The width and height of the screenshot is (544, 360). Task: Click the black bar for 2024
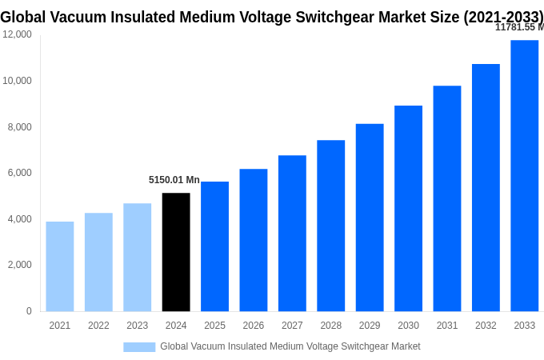[x=176, y=252]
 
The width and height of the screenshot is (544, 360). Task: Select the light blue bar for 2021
[x=60, y=266]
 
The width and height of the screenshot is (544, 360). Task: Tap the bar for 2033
[x=525, y=176]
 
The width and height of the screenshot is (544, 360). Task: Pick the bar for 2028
[x=331, y=226]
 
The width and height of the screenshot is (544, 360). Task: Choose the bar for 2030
[x=408, y=208]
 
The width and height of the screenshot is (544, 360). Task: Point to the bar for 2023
[x=138, y=257]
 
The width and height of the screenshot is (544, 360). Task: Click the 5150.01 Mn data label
[x=174, y=180]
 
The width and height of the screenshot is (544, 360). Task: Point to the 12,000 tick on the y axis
[x=17, y=34]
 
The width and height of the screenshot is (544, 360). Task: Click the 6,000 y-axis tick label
[x=19, y=173]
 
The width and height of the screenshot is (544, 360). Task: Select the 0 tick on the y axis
[x=29, y=311]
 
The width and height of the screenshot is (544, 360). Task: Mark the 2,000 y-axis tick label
[x=19, y=265]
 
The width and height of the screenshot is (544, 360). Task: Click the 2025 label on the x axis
[x=214, y=326]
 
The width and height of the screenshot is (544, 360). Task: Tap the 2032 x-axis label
[x=486, y=326]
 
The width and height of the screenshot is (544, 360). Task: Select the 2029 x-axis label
[x=370, y=326]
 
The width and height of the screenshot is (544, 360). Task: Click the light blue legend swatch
[x=139, y=346]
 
